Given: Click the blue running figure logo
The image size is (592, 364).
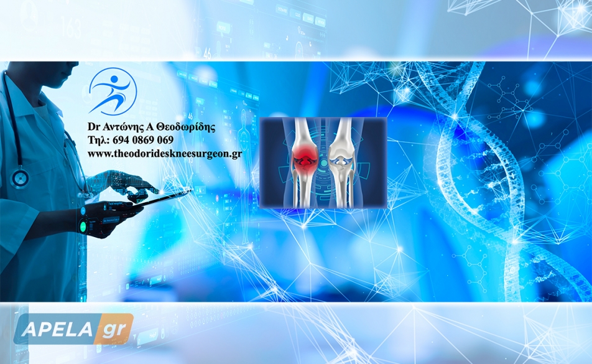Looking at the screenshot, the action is (113, 91).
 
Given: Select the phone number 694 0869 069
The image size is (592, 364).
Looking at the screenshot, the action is (143, 140).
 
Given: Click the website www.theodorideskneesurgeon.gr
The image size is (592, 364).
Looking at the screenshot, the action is (165, 154).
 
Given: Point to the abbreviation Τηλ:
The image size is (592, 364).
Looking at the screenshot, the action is (99, 140).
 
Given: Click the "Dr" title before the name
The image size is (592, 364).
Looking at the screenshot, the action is (93, 127).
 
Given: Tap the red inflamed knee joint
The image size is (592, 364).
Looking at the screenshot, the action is (305, 159).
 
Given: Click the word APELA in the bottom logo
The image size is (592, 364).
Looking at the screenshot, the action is (57, 329).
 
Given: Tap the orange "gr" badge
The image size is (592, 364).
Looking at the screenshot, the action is (114, 329).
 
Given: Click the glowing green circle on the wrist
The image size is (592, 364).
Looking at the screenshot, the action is (83, 227).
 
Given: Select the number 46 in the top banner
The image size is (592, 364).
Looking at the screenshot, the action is (207, 54).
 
